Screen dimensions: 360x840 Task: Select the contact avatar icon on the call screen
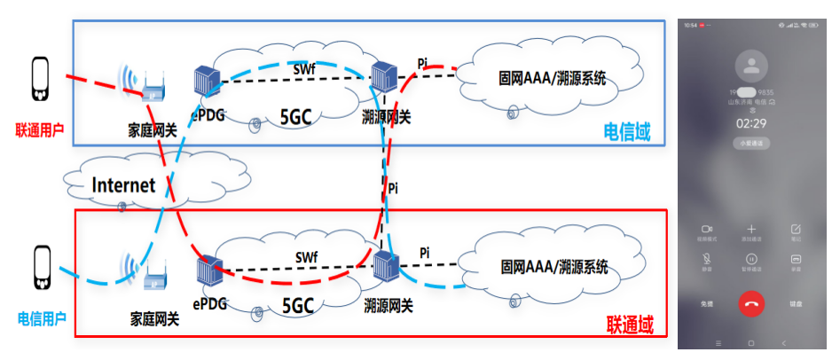click(751, 64)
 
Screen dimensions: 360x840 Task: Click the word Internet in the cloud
click(124, 185)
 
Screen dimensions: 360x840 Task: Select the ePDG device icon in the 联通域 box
click(208, 271)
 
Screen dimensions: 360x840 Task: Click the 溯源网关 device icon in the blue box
click(383, 81)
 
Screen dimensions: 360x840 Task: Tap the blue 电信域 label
click(627, 132)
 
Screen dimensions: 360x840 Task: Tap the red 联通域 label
click(629, 325)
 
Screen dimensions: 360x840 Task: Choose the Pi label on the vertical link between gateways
click(394, 188)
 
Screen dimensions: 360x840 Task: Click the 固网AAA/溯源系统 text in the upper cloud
click(553, 78)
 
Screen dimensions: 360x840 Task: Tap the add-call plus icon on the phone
click(751, 229)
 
